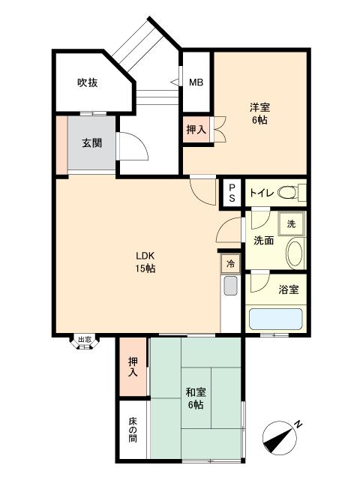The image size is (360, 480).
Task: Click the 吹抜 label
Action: (88, 83)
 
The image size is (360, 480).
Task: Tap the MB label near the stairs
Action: (196, 83)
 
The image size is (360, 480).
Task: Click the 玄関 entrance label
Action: (93, 143)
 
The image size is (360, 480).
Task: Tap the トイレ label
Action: (261, 193)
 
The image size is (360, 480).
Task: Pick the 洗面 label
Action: (262, 241)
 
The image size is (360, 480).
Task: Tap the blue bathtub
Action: (275, 320)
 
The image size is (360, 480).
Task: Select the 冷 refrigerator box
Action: (230, 264)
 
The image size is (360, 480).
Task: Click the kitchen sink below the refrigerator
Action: (230, 286)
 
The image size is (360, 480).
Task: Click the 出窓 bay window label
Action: (84, 340)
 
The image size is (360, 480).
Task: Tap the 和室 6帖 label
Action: (196, 398)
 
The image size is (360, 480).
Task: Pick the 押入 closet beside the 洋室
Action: (196, 129)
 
